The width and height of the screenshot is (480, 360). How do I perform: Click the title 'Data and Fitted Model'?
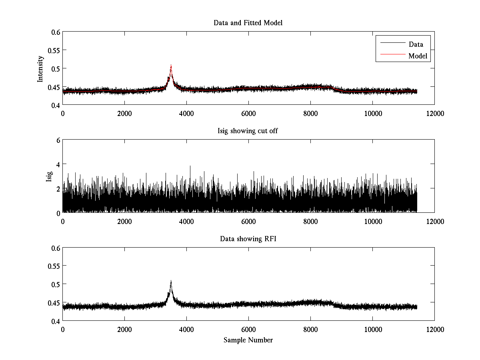(x=248, y=23)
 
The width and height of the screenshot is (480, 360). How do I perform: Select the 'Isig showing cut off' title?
(x=248, y=131)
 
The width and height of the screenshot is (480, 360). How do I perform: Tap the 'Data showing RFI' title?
(x=248, y=239)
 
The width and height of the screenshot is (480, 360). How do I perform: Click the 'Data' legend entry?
(x=416, y=44)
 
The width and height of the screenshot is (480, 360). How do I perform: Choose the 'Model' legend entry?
(x=418, y=56)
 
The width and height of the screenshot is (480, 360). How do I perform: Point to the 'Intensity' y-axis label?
(x=40, y=68)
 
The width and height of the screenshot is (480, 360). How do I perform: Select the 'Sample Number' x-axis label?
(x=248, y=340)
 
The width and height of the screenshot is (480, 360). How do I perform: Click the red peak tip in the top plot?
(x=171, y=66)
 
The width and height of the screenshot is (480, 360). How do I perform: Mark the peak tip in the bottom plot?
(x=171, y=281)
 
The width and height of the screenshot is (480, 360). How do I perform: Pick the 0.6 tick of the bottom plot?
(x=55, y=248)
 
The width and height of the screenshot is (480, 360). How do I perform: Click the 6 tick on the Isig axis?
(x=58, y=140)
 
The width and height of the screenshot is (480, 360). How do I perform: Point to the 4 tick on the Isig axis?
(x=58, y=164)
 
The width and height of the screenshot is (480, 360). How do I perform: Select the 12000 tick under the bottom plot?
(x=434, y=329)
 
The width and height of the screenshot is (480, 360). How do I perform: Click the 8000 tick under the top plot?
(x=310, y=113)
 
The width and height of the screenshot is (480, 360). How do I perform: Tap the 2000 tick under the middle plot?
(x=124, y=221)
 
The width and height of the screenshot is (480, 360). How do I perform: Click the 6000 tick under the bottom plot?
(x=248, y=329)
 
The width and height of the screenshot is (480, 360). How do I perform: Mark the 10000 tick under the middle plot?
(x=372, y=221)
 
